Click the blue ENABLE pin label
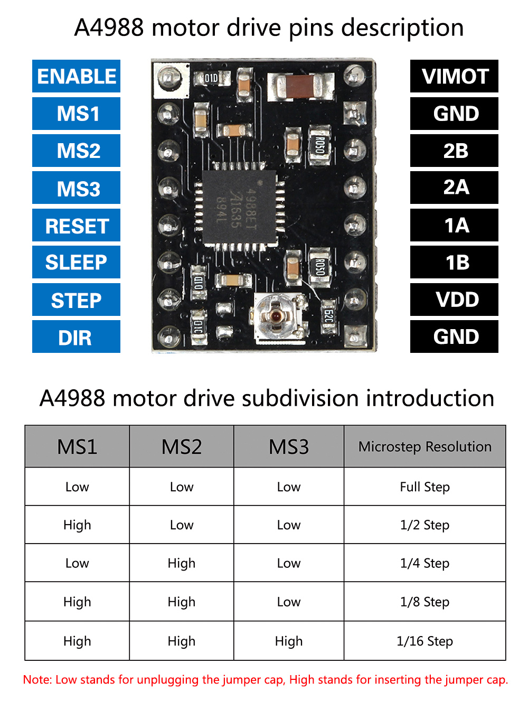click(76, 77)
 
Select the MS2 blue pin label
click(76, 151)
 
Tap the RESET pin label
click(76, 226)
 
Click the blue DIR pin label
click(76, 337)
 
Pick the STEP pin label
click(76, 300)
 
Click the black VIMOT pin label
click(454, 77)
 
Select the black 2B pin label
click(454, 151)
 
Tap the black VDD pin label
click(454, 300)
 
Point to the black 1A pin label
click(454, 226)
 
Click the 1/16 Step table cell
click(425, 641)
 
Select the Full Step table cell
click(425, 487)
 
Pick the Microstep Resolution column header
click(425, 447)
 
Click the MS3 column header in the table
click(288, 447)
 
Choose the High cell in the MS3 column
click(288, 641)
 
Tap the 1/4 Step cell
click(425, 563)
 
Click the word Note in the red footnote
click(37, 680)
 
